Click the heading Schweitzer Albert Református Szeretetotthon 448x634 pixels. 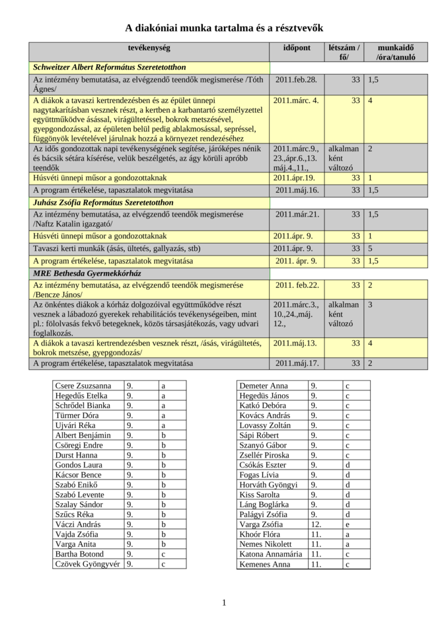point(109,67)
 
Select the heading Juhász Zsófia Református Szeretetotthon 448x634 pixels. point(103,203)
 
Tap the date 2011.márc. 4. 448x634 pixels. point(295,100)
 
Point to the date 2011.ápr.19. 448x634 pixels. point(293,178)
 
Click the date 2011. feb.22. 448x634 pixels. point(297,285)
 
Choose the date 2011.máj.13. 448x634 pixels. point(295,343)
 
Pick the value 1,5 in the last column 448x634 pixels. point(373,261)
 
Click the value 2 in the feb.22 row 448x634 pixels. point(370,285)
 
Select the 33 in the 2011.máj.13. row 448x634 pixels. point(355,343)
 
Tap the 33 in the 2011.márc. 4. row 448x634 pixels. point(355,100)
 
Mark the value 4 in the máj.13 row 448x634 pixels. point(370,343)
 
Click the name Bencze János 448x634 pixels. point(58,295)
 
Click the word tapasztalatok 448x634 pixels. point(133,261)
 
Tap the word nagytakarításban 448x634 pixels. point(61,110)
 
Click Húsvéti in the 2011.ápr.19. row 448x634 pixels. point(46,178)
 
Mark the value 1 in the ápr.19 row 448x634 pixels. point(370,178)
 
